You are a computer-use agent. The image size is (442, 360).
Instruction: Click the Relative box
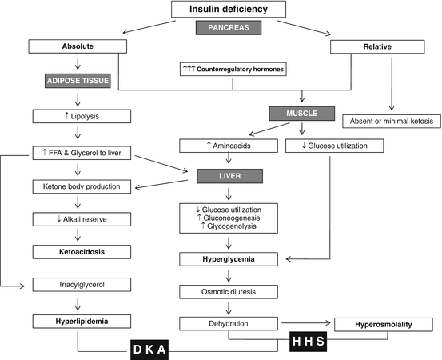[380, 46]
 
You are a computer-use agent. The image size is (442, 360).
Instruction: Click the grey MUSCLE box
[305, 114]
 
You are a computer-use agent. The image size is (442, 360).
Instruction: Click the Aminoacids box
[230, 146]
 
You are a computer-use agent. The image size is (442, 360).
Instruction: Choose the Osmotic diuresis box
[230, 292]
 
